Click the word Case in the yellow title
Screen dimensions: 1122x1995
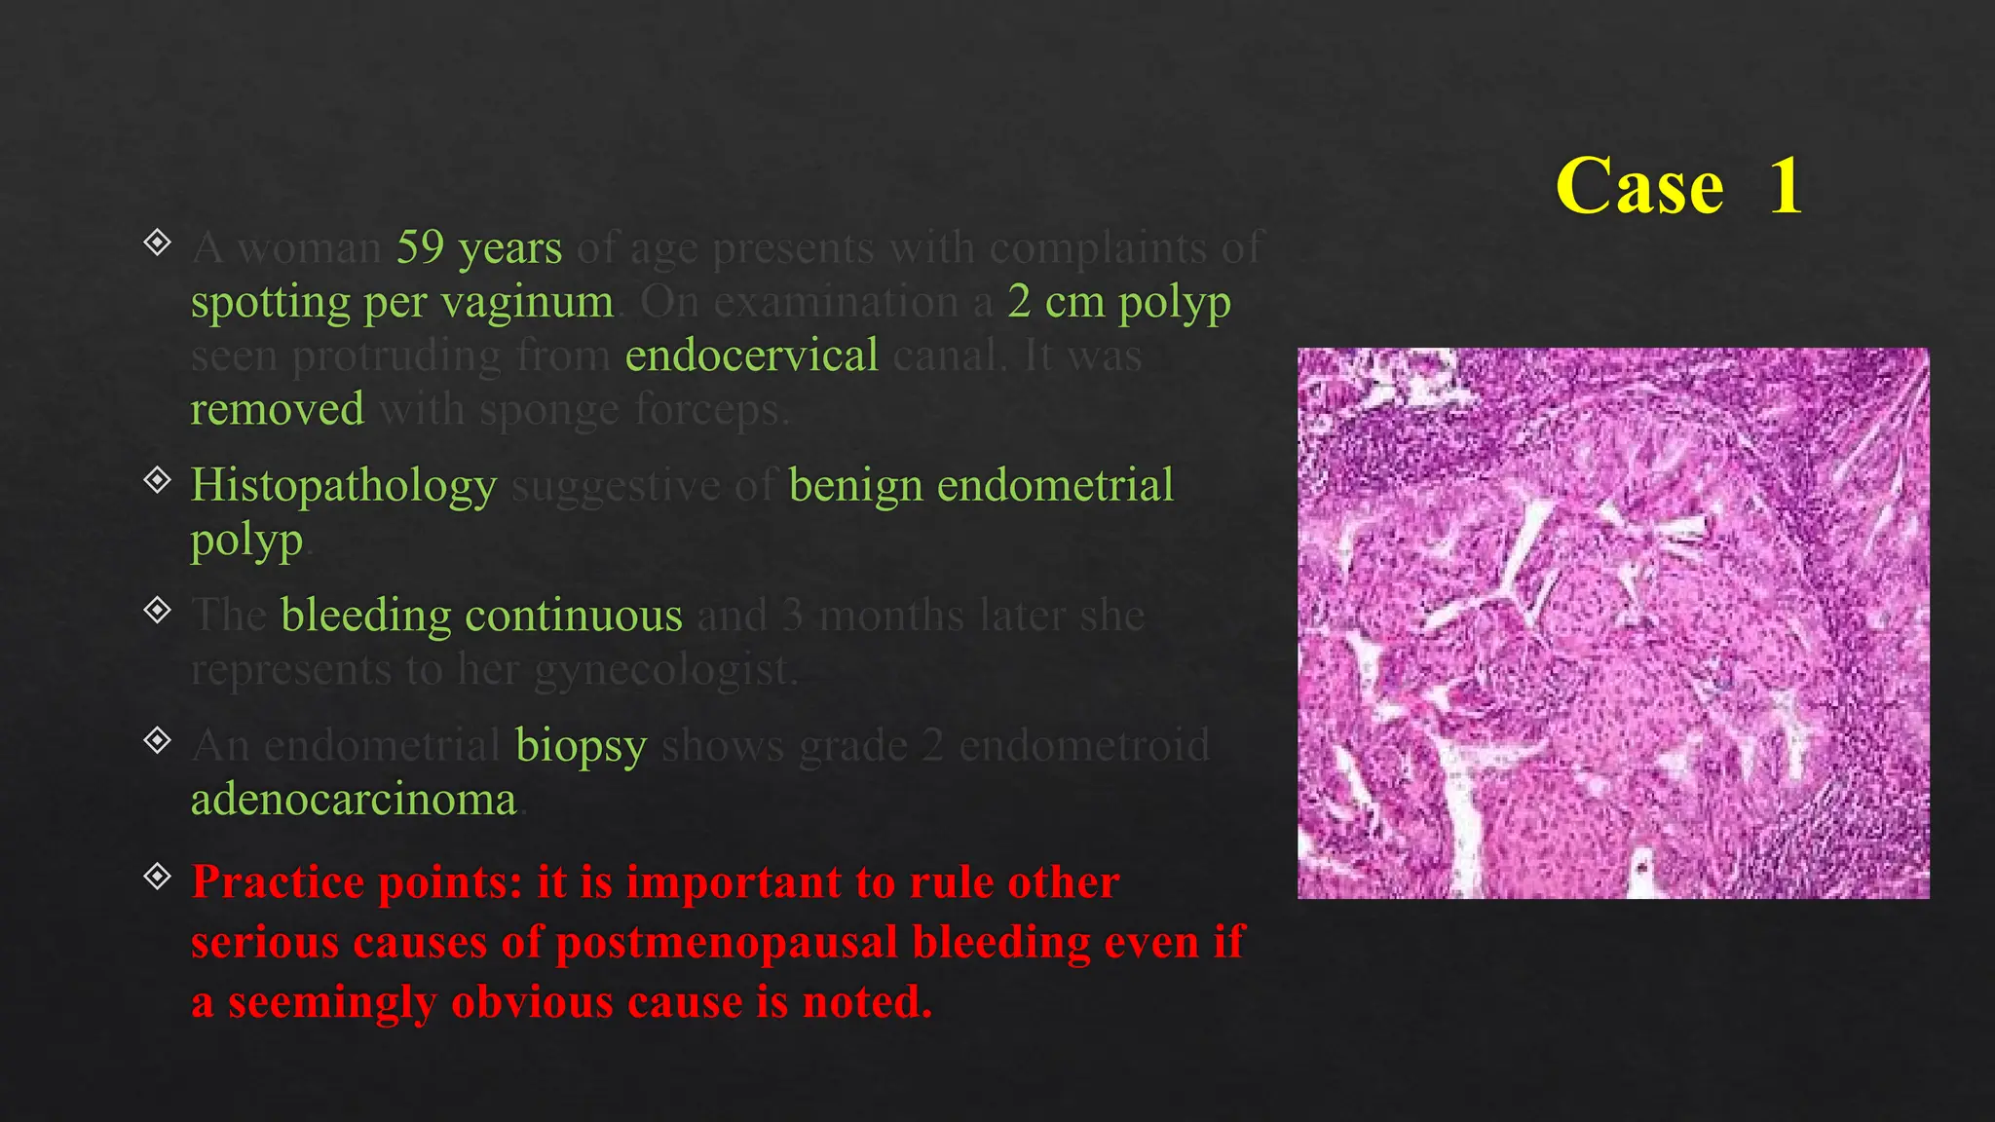point(1639,187)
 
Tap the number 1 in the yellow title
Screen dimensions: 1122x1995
point(1785,187)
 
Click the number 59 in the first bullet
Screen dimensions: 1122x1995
point(421,247)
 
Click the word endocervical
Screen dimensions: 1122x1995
point(751,355)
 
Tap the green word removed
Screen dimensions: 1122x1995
point(277,409)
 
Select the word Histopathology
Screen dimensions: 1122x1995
point(343,486)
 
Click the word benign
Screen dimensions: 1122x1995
point(855,486)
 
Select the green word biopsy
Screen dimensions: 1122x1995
point(581,747)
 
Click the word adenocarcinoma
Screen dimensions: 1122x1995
point(354,800)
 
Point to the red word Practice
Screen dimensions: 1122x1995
point(277,882)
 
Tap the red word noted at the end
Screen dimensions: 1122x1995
point(866,1002)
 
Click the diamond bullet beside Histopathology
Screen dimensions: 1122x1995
point(157,479)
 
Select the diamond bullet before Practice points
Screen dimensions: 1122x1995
point(157,877)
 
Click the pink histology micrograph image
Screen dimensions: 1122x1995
point(1612,623)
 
